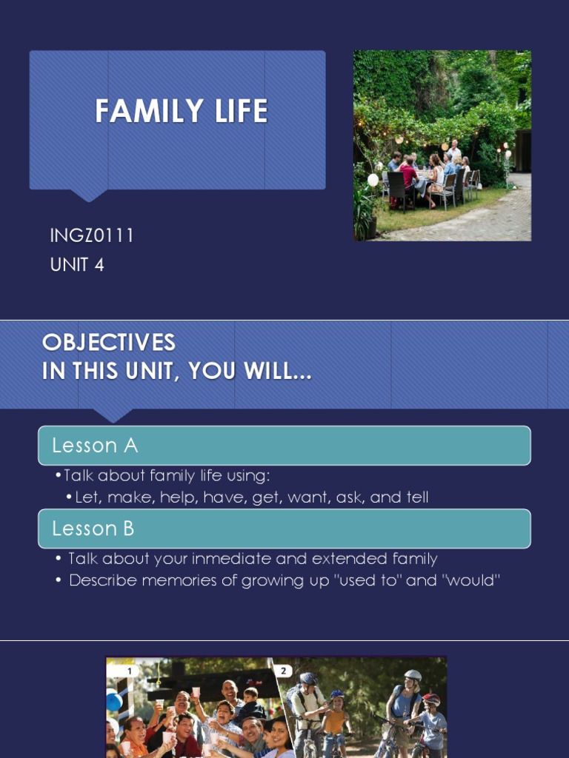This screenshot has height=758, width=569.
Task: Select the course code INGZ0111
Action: [x=91, y=236]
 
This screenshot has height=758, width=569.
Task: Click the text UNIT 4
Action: [x=77, y=264]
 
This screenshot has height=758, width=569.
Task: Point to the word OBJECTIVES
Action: [x=109, y=343]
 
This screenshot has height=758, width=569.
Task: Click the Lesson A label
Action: [x=95, y=446]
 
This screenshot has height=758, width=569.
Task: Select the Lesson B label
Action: [x=95, y=529]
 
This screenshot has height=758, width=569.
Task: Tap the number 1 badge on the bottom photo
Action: [x=130, y=671]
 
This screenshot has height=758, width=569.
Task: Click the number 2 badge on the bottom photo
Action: [x=282, y=671]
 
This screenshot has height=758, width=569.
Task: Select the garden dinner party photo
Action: [x=442, y=145]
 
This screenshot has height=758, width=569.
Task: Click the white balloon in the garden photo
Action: [x=373, y=180]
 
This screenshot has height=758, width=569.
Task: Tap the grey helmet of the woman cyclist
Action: [x=413, y=676]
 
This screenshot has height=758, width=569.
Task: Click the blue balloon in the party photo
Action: [x=113, y=700]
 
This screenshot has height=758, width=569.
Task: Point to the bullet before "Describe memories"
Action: [x=59, y=581]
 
